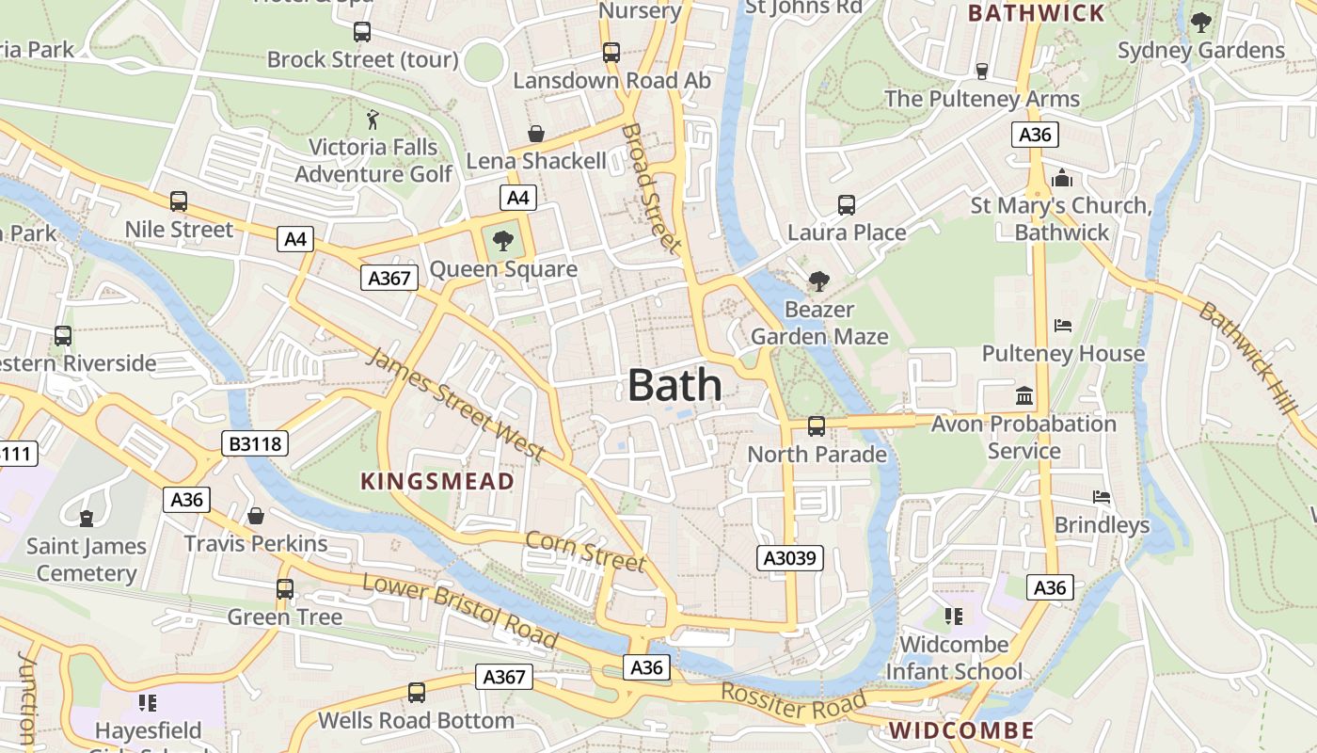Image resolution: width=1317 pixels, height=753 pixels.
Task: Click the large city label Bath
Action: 674,386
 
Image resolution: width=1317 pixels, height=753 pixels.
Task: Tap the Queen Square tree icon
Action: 503,241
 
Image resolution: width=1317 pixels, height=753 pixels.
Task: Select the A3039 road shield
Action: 790,558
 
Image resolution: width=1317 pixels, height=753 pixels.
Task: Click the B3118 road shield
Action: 254,443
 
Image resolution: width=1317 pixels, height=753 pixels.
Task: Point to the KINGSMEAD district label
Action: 437,482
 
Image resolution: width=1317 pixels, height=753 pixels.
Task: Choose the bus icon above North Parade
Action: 817,426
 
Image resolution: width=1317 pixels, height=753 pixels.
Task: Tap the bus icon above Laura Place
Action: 846,205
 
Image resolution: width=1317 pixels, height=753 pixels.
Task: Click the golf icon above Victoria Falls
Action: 373,120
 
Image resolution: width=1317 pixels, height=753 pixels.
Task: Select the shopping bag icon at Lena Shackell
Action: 536,135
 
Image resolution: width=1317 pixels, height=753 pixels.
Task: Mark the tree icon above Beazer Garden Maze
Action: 818,280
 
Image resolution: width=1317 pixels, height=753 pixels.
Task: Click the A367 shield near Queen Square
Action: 389,278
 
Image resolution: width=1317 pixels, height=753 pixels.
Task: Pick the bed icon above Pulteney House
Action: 1063,327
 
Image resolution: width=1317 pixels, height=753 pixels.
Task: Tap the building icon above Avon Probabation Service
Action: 1024,396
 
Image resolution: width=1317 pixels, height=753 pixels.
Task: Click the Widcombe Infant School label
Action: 954,658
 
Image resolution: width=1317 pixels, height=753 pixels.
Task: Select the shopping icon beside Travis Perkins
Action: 255,516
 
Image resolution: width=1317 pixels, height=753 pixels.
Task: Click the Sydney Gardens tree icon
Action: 1200,23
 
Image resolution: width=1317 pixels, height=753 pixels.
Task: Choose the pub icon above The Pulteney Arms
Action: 981,72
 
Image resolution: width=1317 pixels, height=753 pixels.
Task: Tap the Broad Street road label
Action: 651,188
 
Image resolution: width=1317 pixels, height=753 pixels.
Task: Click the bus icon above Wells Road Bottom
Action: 417,693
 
